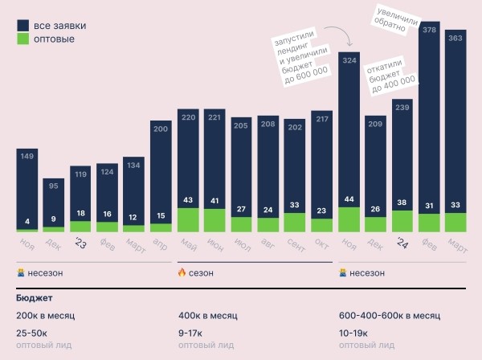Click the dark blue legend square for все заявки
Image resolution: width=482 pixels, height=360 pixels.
[x=23, y=25]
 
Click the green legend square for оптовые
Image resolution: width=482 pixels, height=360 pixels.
[x=23, y=39]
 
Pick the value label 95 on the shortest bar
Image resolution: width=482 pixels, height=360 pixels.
[x=54, y=186]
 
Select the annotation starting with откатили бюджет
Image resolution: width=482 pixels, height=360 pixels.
[x=391, y=75]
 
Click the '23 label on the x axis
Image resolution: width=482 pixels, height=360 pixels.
[x=80, y=244]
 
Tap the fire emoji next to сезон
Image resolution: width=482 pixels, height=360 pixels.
[x=182, y=273]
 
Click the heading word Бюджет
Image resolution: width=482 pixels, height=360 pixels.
[x=34, y=298]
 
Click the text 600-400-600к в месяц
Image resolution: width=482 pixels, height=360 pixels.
[x=389, y=316]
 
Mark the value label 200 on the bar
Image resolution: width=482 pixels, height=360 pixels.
[x=161, y=129]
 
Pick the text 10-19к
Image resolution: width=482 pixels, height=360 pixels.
[x=354, y=333]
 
